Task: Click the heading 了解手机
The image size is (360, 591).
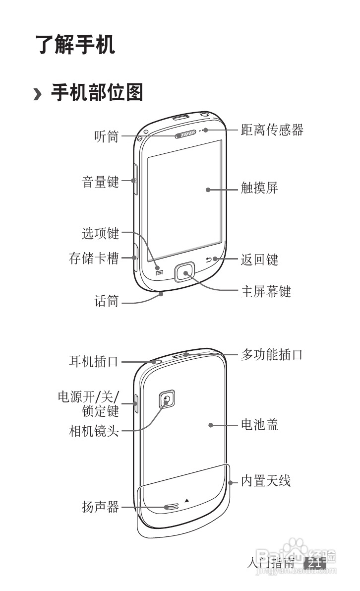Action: [75, 45]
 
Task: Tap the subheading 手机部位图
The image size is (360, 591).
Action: [97, 92]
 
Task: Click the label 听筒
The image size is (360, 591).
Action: [107, 136]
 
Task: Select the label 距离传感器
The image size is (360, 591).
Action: [272, 130]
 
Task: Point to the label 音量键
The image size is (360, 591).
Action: [100, 182]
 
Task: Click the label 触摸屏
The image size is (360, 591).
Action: [259, 188]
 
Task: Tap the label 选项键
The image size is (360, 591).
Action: [100, 233]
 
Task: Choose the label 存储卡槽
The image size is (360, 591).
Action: [94, 258]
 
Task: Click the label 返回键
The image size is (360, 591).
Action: [259, 259]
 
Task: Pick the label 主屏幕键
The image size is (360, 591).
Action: [265, 291]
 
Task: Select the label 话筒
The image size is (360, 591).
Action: [107, 301]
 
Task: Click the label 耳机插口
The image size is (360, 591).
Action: [94, 361]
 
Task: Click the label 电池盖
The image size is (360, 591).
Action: [259, 425]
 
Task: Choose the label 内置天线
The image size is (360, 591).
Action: [265, 480]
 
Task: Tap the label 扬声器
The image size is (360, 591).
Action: [100, 507]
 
